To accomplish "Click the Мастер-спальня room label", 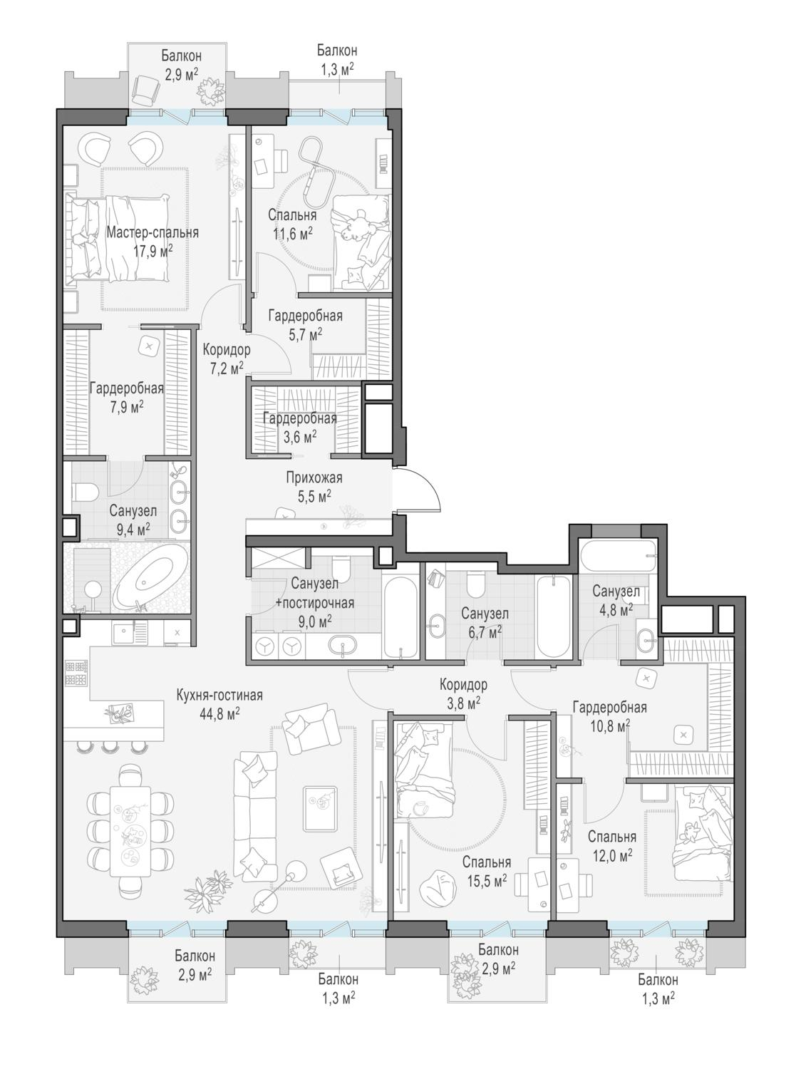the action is pos(153,232).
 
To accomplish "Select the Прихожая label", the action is pos(314,477).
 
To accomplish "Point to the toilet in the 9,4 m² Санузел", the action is pos(86,492).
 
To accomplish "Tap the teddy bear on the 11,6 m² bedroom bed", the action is pos(354,225).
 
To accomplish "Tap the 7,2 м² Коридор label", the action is pos(227,360).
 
